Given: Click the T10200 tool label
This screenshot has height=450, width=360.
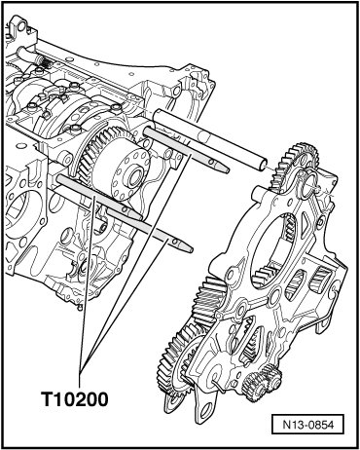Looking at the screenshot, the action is [74, 399].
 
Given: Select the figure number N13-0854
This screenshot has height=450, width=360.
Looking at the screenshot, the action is [307, 424].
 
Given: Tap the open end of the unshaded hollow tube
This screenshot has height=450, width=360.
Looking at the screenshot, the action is [262, 165].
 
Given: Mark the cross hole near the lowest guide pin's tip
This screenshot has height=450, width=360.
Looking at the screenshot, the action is [175, 241].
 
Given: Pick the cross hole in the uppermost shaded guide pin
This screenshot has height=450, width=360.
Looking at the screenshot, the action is [211, 162].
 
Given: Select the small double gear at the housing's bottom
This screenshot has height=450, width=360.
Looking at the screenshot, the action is [262, 381].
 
